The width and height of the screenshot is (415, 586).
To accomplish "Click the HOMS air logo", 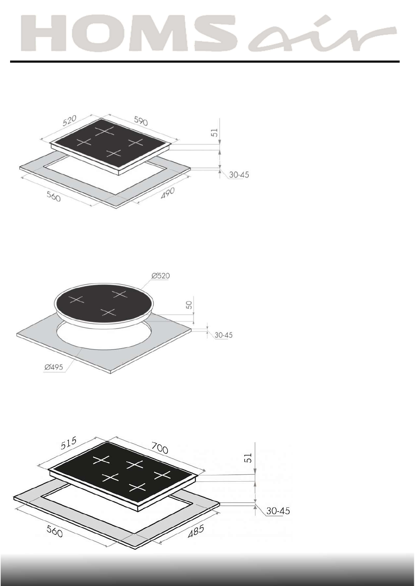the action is tap(208, 33).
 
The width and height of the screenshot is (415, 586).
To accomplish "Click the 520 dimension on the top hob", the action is tap(69, 121).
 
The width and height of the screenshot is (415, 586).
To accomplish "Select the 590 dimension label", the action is tap(141, 121).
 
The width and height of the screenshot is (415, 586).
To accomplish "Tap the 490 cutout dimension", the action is tap(167, 193).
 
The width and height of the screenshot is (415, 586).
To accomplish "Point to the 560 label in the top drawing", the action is tap(54, 197).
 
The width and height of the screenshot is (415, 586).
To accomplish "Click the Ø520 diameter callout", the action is tap(161, 276).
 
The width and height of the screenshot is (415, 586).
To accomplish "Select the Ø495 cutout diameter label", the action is tap(54, 367).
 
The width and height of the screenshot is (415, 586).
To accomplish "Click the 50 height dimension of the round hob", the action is tap(189, 305).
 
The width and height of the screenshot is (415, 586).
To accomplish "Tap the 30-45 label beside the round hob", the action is tap(223, 335).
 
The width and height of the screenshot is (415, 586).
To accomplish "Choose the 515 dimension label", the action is tap(69, 443).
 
